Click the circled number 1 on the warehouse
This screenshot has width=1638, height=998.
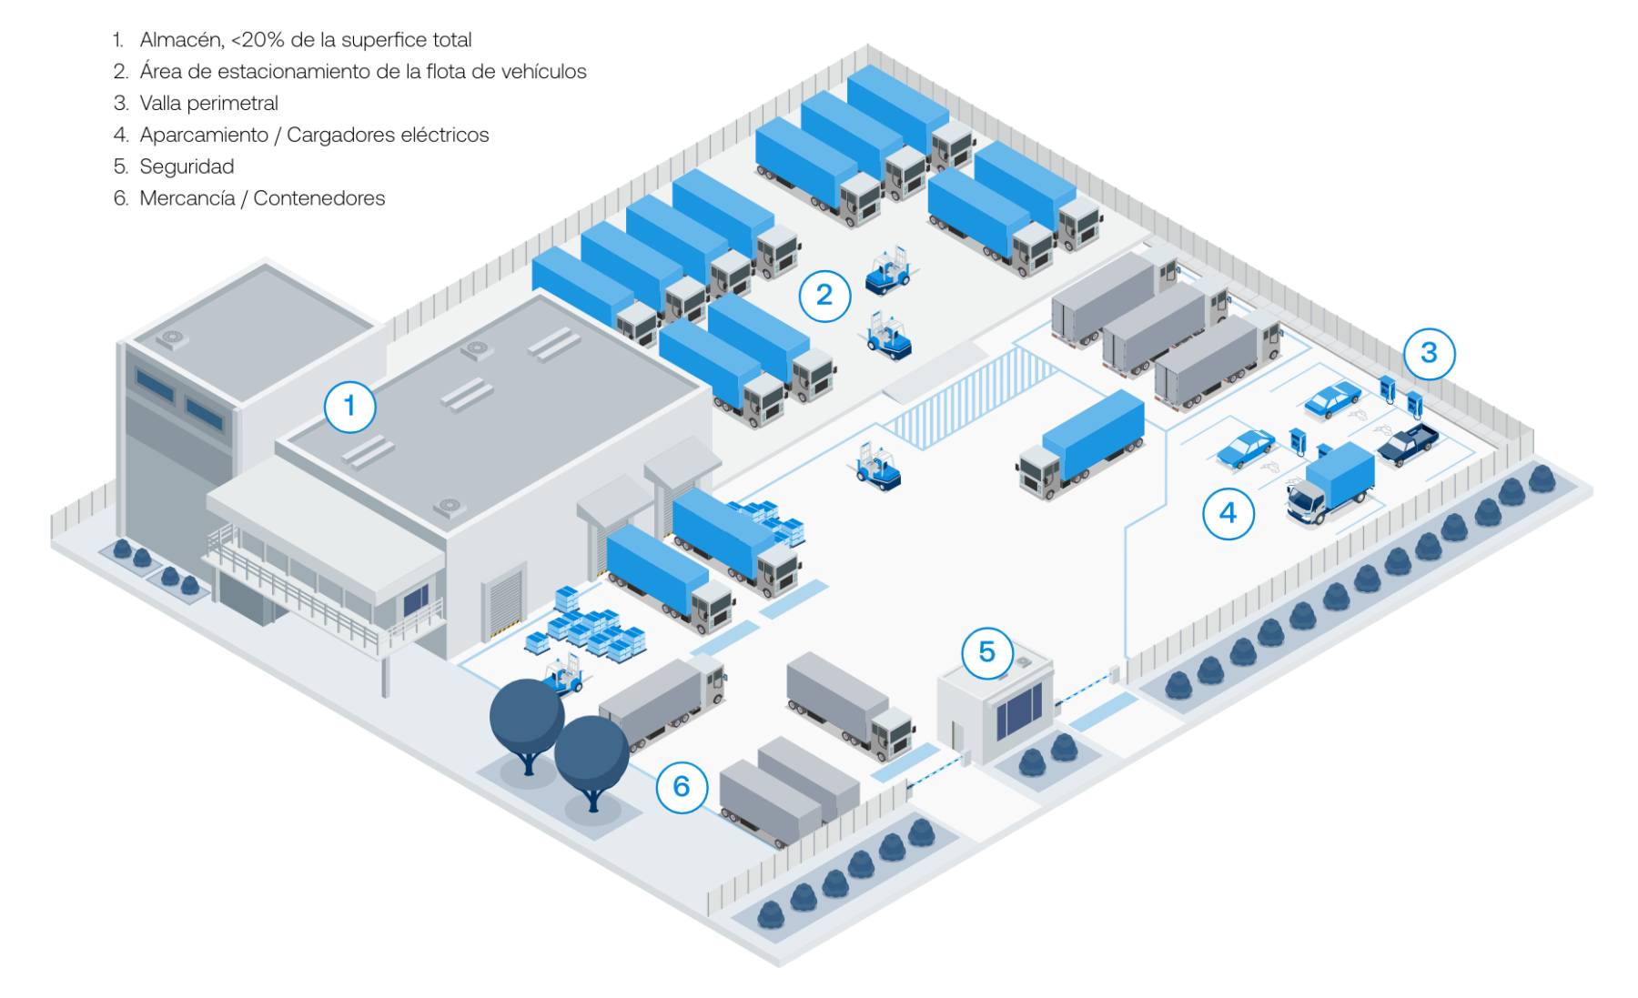[349, 406]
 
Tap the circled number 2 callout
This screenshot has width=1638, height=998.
[824, 296]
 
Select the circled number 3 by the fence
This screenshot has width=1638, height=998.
[1429, 353]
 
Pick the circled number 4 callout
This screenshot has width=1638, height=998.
[1228, 513]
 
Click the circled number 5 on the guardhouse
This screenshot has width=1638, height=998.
[987, 652]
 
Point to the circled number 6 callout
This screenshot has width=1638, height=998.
[682, 787]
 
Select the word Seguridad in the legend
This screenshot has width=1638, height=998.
[187, 166]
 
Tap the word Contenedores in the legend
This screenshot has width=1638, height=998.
[318, 198]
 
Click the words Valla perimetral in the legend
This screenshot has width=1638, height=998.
[208, 103]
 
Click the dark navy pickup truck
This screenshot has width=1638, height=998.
[1407, 443]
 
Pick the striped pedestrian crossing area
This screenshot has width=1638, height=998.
[970, 398]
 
